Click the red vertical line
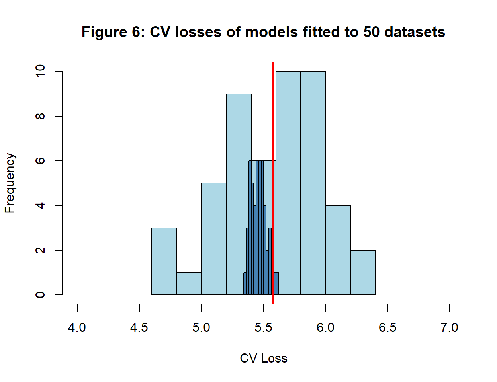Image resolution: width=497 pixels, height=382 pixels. (273, 119)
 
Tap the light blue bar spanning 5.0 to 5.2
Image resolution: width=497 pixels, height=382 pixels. (214, 239)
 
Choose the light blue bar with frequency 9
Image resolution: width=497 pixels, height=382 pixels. (239, 127)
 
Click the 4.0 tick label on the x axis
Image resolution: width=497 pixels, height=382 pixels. (77, 328)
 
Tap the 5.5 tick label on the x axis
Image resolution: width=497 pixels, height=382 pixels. (263, 328)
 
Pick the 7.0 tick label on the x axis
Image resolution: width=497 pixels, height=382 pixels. (449, 328)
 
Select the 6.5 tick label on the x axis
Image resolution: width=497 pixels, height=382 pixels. (387, 328)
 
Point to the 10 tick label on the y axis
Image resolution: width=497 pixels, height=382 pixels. (40, 71)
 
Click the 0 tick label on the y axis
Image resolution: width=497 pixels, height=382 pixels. (40, 295)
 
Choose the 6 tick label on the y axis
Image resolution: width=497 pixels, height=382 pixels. (40, 161)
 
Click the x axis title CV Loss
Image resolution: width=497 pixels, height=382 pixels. (263, 358)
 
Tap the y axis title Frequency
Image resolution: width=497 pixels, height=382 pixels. (10, 183)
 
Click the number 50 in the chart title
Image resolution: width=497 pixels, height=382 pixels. (372, 32)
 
